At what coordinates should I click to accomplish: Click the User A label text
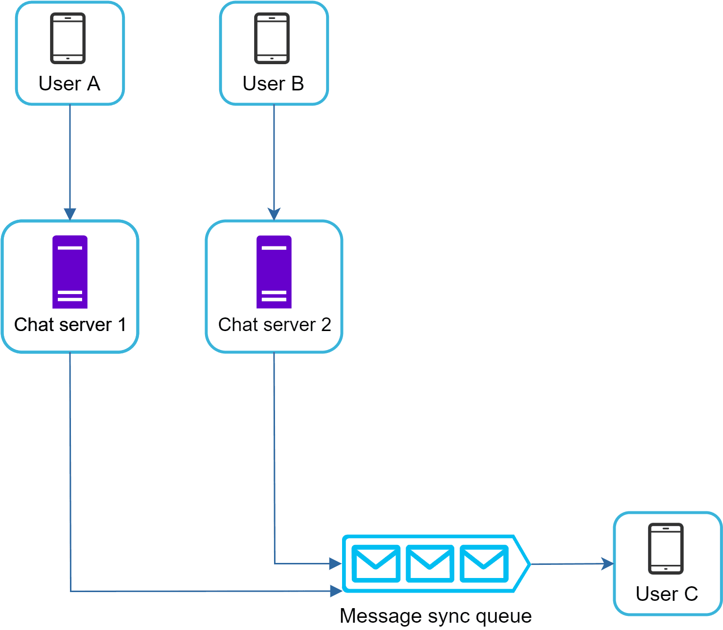click(69, 84)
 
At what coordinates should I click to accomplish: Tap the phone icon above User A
click(68, 38)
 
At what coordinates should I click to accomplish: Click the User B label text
click(273, 84)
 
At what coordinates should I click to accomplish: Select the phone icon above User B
click(272, 38)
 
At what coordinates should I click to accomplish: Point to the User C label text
click(667, 594)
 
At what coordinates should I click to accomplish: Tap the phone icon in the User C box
click(666, 548)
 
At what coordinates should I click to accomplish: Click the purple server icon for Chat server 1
click(70, 272)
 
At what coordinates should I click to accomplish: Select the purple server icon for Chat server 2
click(274, 272)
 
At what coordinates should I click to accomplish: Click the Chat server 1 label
click(70, 324)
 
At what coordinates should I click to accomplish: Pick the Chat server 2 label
click(275, 324)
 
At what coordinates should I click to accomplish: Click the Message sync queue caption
click(435, 615)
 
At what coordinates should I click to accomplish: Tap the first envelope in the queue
click(376, 563)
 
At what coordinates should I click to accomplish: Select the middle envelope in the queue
click(430, 563)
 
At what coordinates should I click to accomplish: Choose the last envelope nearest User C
click(484, 563)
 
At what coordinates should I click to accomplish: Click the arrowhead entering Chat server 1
click(70, 214)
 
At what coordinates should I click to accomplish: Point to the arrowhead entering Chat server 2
click(274, 214)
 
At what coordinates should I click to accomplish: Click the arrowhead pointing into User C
click(608, 563)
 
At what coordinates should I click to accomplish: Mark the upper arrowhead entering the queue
click(336, 563)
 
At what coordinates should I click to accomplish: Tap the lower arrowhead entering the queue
click(336, 591)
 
